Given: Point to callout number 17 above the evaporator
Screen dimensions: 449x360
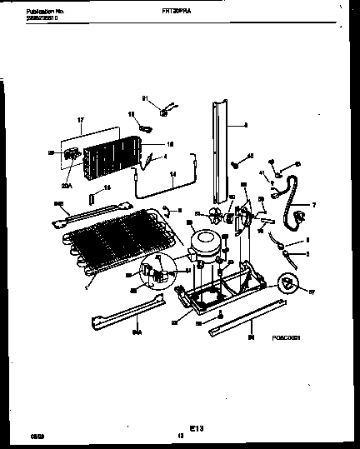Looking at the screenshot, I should point(82,122).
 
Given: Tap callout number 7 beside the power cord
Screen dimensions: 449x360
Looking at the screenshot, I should point(313,205).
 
